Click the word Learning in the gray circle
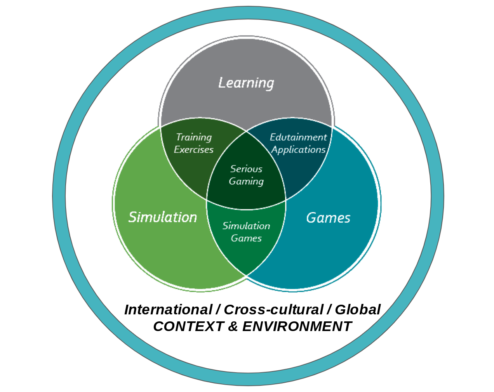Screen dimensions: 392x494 point(246,83)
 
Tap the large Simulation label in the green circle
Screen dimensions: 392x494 point(163,217)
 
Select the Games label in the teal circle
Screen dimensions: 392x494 point(328,218)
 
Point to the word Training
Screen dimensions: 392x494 point(194,137)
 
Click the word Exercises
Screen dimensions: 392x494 point(194,150)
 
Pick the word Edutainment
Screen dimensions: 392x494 point(298,137)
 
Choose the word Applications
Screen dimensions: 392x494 point(298,150)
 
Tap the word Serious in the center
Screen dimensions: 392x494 point(246,169)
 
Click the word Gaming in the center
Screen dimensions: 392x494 point(246,181)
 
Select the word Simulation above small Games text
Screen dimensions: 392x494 point(246,226)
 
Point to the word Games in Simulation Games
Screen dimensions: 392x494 point(246,238)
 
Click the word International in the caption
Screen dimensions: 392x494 point(167,310)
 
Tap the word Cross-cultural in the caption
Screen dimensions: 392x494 point(273,310)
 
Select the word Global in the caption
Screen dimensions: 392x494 point(358,310)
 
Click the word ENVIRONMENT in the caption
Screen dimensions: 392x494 point(297,326)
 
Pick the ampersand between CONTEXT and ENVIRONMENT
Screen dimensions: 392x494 point(232,326)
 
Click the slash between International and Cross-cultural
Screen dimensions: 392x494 point(217,310)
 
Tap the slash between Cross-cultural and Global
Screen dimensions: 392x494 point(329,310)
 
